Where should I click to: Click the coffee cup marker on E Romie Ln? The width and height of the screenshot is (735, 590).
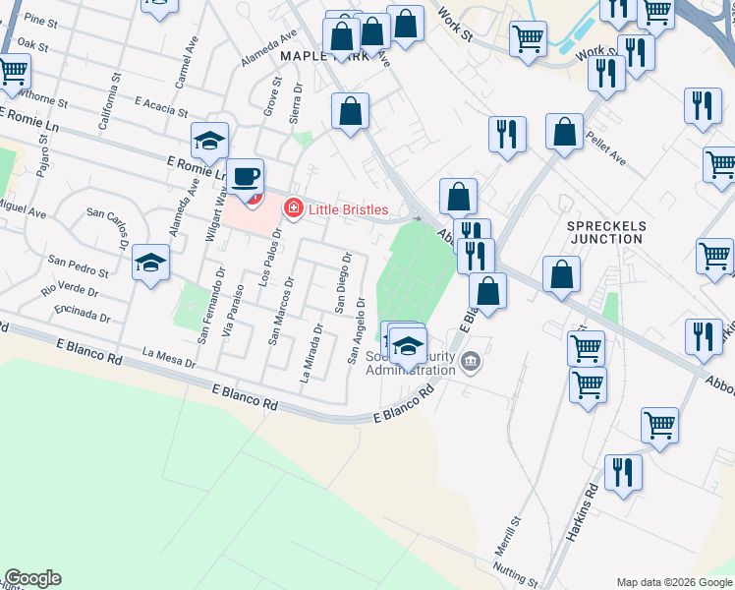(x=246, y=178)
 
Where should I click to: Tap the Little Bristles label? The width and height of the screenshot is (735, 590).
(x=348, y=209)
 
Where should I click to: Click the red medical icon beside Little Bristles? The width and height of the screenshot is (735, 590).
(x=292, y=208)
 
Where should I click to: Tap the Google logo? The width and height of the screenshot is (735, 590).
(x=32, y=578)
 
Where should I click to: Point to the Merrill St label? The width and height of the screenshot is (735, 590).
(x=514, y=537)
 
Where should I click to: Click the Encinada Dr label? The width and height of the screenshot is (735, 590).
(x=83, y=312)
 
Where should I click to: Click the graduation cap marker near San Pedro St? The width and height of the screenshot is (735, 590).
(x=151, y=263)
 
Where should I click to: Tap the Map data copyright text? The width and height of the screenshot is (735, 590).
(x=675, y=581)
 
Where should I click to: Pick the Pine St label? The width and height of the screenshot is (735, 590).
(x=41, y=20)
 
